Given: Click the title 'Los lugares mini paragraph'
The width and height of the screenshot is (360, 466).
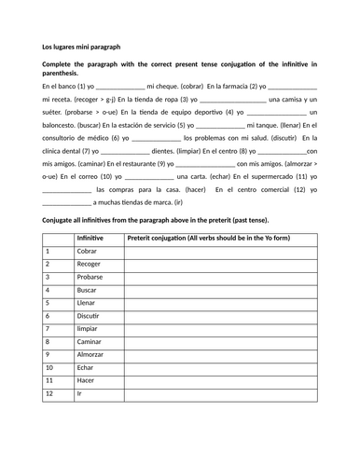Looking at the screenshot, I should point(81,46).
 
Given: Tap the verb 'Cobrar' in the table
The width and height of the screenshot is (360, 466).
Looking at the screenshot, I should point(88,252).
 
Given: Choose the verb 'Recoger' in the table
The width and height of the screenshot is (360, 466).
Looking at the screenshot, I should point(90,265).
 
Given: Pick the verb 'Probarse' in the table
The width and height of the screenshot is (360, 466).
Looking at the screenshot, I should point(91,278).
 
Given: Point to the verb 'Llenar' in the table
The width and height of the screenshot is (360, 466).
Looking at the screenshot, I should point(87,303).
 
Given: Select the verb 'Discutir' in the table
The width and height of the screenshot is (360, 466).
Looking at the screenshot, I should point(90,316).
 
